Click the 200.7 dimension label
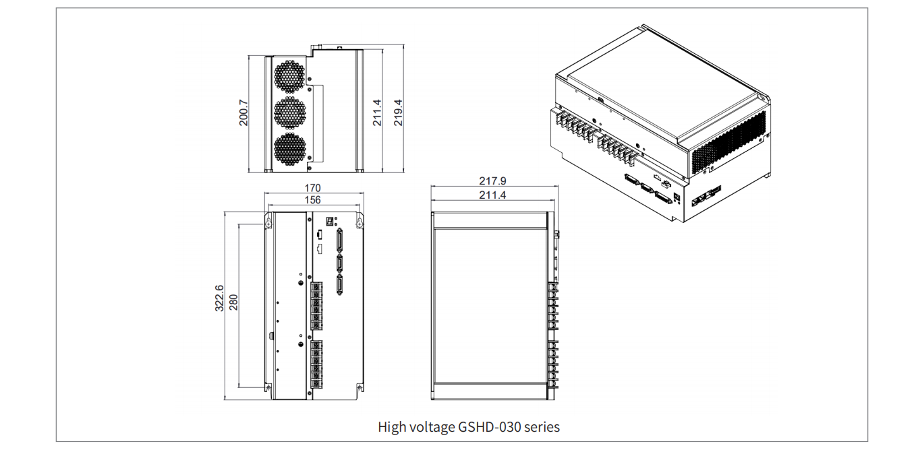tap(244, 112)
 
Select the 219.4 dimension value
tap(398, 112)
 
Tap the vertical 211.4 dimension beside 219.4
tap(378, 112)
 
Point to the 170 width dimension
tap(312, 188)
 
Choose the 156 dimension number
tap(312, 200)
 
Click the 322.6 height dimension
tap(219, 298)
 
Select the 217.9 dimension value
tap(492, 181)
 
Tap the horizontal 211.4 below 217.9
tap(492, 195)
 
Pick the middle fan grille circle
tap(290, 112)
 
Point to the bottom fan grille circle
tap(290, 149)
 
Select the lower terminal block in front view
tap(316, 364)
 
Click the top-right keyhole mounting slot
tap(360, 222)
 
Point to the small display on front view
tap(331, 220)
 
